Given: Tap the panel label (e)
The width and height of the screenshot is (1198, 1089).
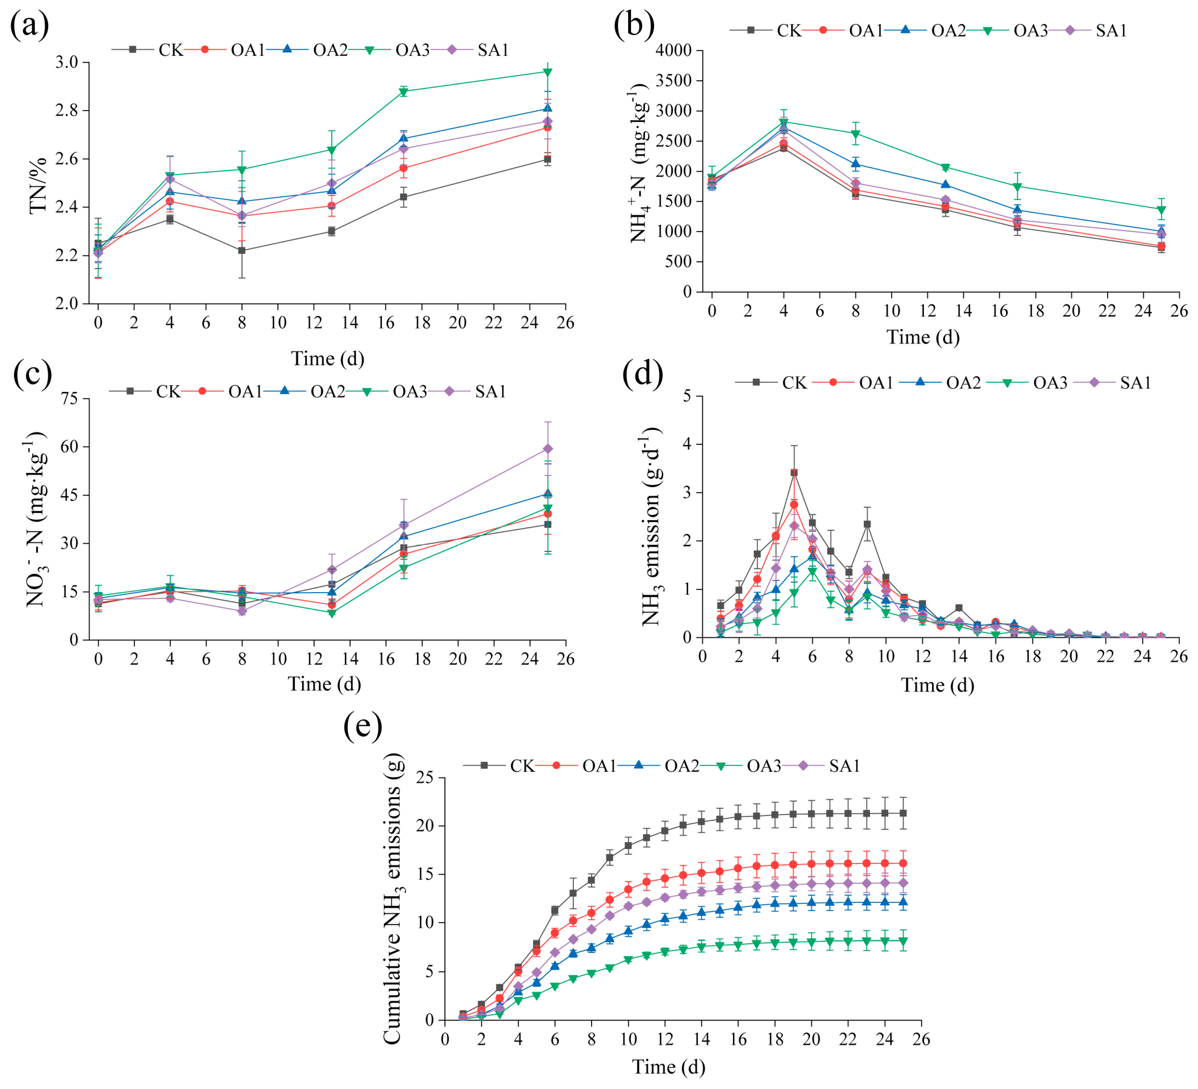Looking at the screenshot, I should (362, 726).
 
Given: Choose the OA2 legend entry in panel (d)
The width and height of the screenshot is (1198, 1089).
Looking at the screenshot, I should (963, 383).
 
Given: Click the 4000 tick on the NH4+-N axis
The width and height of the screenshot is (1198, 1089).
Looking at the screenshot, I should (674, 51).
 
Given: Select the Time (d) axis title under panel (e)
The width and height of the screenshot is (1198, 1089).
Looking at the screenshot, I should (668, 1067).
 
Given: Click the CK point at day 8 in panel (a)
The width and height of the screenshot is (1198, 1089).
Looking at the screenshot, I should (242, 251).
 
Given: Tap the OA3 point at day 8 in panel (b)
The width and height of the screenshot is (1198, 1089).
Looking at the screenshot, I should (856, 134).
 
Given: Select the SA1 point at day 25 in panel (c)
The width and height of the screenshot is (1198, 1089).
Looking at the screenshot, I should (548, 448).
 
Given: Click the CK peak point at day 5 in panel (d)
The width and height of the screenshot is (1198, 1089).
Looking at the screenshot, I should (794, 473).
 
